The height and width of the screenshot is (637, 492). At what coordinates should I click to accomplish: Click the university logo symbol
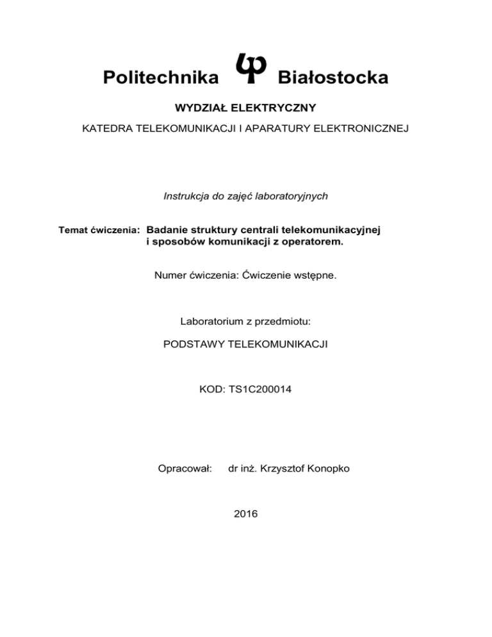(247, 67)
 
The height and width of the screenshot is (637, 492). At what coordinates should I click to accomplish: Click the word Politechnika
(160, 78)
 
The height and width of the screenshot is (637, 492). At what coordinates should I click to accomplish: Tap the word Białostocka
(332, 78)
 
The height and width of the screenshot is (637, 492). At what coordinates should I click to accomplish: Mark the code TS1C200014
(263, 388)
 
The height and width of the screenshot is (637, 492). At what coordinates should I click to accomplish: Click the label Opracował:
(184, 469)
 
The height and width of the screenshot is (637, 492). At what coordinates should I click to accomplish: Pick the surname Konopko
(328, 469)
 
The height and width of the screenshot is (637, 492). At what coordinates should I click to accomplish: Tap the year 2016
(246, 513)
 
